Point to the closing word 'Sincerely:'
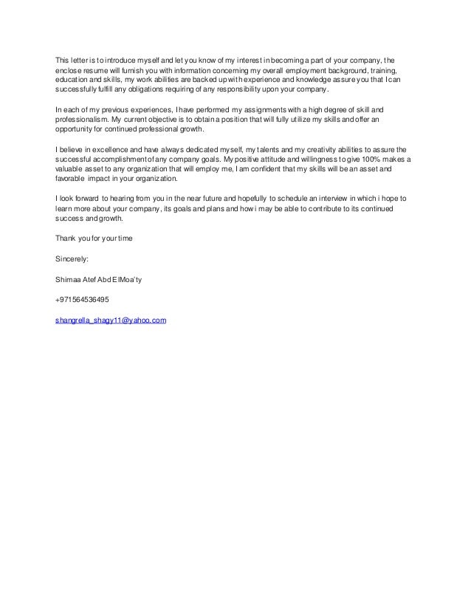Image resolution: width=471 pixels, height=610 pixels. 72,259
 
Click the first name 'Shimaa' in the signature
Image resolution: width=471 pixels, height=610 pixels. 69,279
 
